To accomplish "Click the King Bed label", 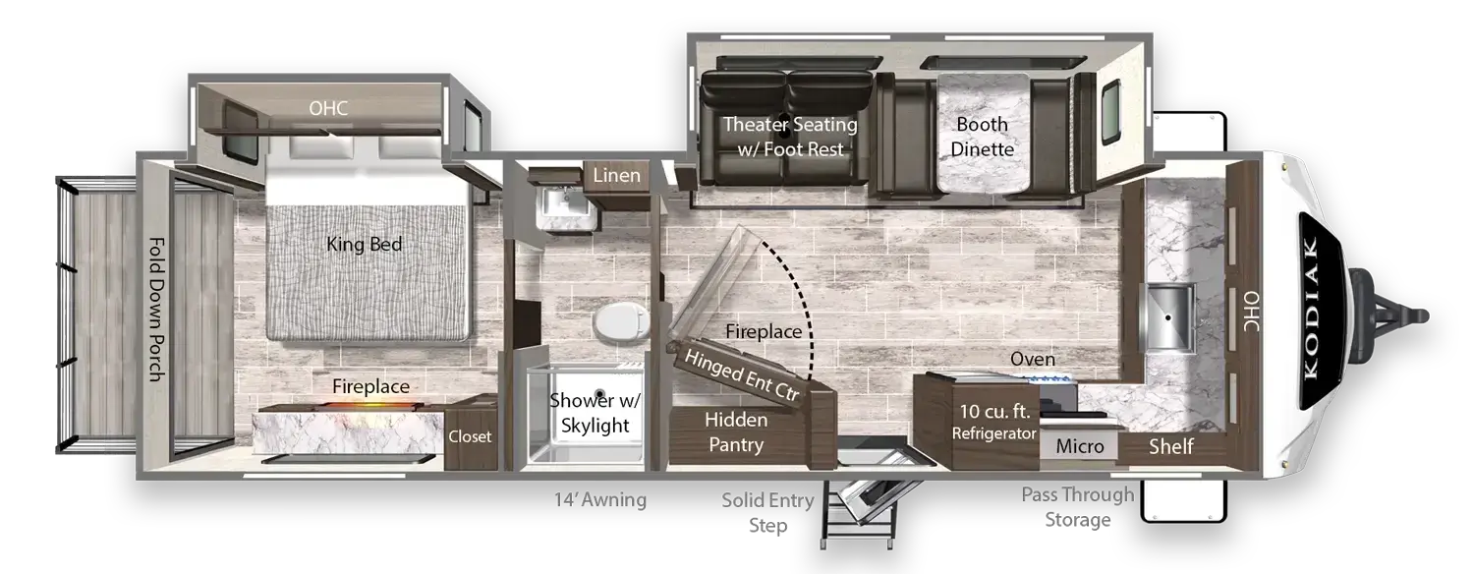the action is (x=364, y=244).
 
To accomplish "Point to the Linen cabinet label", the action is (x=616, y=175).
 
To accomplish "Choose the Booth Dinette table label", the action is (x=982, y=137).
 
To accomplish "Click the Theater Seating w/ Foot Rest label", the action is (x=790, y=137).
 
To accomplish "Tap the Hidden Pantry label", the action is (x=736, y=431).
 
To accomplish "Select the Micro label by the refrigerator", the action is (x=1080, y=446).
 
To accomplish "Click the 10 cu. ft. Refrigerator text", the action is (x=994, y=422).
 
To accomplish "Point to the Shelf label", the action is (x=1170, y=446).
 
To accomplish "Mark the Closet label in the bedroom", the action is (x=470, y=436).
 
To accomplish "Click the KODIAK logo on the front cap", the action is (x=1310, y=308).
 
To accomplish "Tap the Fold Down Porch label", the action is (x=156, y=310).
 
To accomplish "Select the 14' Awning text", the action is (x=600, y=500).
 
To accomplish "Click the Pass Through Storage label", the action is (x=1078, y=507).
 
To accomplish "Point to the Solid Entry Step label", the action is (x=767, y=513).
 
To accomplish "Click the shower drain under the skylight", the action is (x=599, y=394).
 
